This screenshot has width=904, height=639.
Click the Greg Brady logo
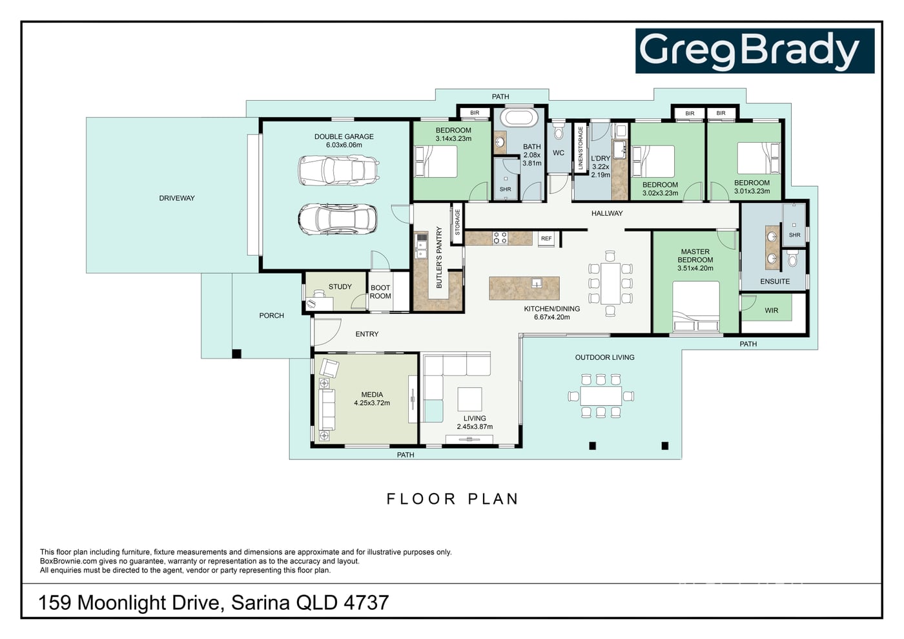click(755, 51)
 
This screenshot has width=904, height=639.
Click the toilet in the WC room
click(559, 131)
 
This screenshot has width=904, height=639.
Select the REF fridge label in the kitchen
click(546, 238)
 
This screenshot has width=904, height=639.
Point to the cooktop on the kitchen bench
click(500, 238)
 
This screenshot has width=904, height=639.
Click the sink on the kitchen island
click(537, 283)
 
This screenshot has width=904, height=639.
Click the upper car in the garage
click(338, 171)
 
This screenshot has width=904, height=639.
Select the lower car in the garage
click(338, 219)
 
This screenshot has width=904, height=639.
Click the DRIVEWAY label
click(177, 198)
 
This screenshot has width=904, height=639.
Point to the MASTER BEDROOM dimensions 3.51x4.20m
click(695, 268)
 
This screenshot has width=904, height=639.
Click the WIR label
click(771, 310)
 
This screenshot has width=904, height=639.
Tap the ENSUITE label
click(775, 281)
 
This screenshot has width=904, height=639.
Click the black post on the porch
click(236, 354)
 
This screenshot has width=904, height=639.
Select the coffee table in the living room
click(470, 399)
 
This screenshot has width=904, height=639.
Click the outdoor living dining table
click(601, 396)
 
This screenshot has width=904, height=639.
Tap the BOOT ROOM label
click(380, 291)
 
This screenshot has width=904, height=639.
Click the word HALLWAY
click(607, 213)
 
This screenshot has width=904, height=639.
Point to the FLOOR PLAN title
click(453, 499)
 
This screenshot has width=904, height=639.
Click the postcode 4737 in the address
click(366, 603)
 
